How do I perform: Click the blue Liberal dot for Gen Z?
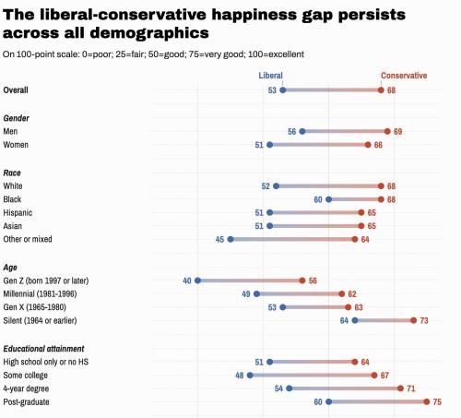click(197, 280)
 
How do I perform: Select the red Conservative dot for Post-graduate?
click(426, 401)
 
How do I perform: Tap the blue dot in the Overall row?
click(282, 90)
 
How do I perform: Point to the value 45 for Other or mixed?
click(219, 239)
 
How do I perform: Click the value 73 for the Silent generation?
click(425, 320)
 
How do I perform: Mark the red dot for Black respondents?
click(380, 198)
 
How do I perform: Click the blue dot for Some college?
click(250, 376)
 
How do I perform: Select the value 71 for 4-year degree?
click(412, 388)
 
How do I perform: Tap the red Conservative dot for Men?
click(386, 131)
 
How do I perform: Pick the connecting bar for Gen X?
click(314, 306)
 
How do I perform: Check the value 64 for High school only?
click(366, 362)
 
